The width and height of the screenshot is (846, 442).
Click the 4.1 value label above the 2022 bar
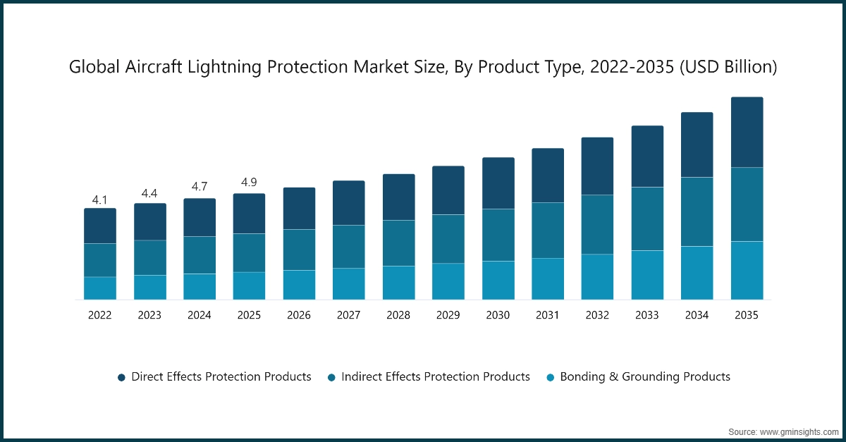pyautogui.click(x=100, y=199)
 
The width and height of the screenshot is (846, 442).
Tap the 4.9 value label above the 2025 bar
pyautogui.click(x=249, y=183)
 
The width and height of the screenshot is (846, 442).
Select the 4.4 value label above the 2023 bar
pyautogui.click(x=149, y=193)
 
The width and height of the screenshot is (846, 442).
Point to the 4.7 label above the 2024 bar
pyautogui.click(x=200, y=187)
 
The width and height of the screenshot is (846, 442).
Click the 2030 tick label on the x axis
pyautogui.click(x=498, y=315)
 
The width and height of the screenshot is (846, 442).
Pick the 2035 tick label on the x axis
pyautogui.click(x=747, y=315)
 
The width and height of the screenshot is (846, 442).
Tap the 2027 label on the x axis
pyautogui.click(x=348, y=315)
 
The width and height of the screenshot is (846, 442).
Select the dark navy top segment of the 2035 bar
pyautogui.click(x=747, y=132)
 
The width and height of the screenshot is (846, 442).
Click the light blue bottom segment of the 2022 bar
pyautogui.click(x=100, y=288)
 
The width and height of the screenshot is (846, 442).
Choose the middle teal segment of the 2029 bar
pyautogui.click(x=448, y=239)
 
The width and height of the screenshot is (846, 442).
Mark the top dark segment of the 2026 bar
pyautogui.click(x=299, y=209)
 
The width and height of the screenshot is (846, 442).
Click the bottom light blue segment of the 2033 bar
pyautogui.click(x=647, y=275)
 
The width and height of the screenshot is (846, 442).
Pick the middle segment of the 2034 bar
pyautogui.click(x=697, y=211)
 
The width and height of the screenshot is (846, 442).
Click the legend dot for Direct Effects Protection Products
pyautogui.click(x=121, y=378)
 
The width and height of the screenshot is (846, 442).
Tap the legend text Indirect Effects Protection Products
pyautogui.click(x=435, y=377)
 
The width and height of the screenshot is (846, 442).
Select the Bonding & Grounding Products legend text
pyautogui.click(x=644, y=377)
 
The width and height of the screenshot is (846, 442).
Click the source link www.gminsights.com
pyautogui.click(x=797, y=431)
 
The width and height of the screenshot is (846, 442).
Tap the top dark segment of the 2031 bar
pyautogui.click(x=548, y=176)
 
